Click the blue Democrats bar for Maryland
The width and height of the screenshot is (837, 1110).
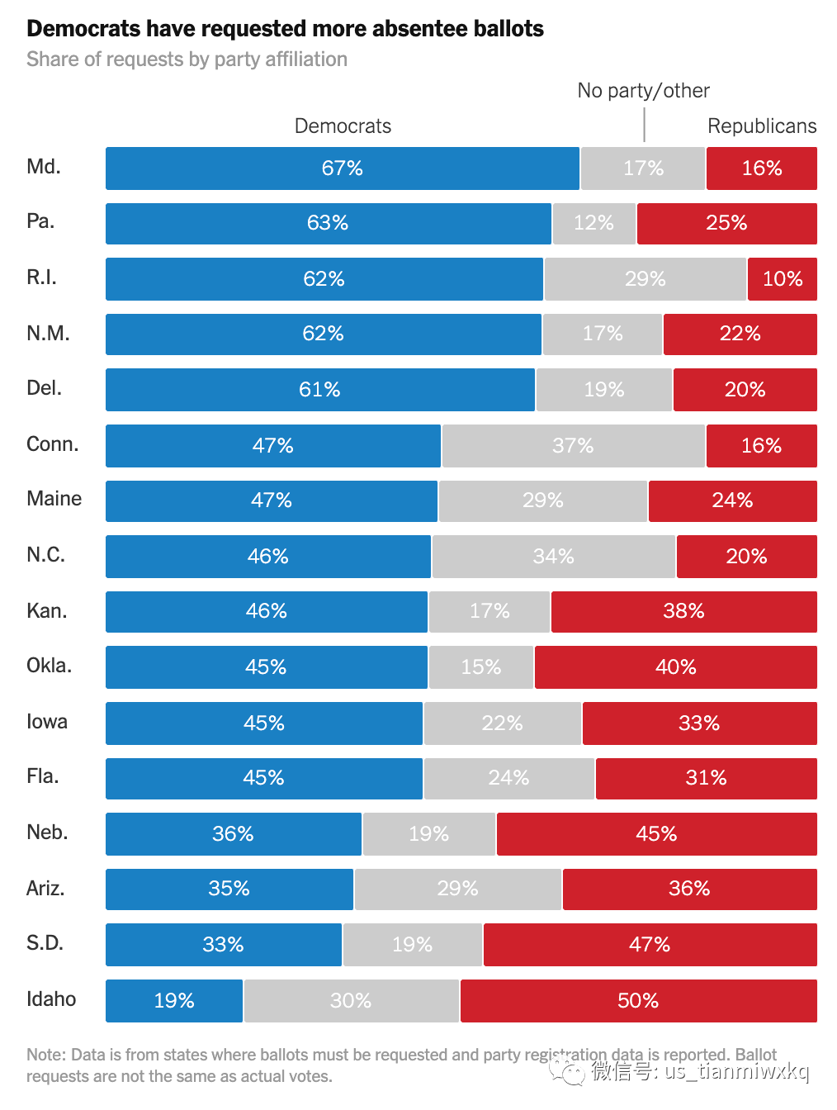click(x=343, y=168)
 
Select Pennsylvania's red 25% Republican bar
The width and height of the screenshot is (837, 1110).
click(x=727, y=224)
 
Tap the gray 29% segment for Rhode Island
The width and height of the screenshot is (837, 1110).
click(x=645, y=279)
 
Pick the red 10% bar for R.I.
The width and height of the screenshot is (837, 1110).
click(x=783, y=279)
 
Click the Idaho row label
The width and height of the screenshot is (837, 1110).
click(x=51, y=999)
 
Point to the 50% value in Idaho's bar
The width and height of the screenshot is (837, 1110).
click(x=638, y=1000)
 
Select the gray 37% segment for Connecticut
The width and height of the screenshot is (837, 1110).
click(x=573, y=445)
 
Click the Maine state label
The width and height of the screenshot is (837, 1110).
click(x=54, y=499)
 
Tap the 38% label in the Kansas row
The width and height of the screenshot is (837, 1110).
click(x=683, y=611)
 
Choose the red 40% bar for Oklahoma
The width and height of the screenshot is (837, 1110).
click(x=676, y=667)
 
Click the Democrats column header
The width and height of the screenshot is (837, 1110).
click(x=343, y=126)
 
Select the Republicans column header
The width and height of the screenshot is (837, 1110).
click(x=762, y=126)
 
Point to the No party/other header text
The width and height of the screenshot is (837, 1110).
click(x=643, y=91)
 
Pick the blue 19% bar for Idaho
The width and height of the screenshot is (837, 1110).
click(x=174, y=1001)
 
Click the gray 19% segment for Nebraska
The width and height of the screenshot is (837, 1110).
click(x=429, y=834)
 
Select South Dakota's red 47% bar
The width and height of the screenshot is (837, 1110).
click(x=650, y=945)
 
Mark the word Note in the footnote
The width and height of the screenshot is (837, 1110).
click(x=46, y=1055)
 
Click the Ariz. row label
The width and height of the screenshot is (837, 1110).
click(x=45, y=889)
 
